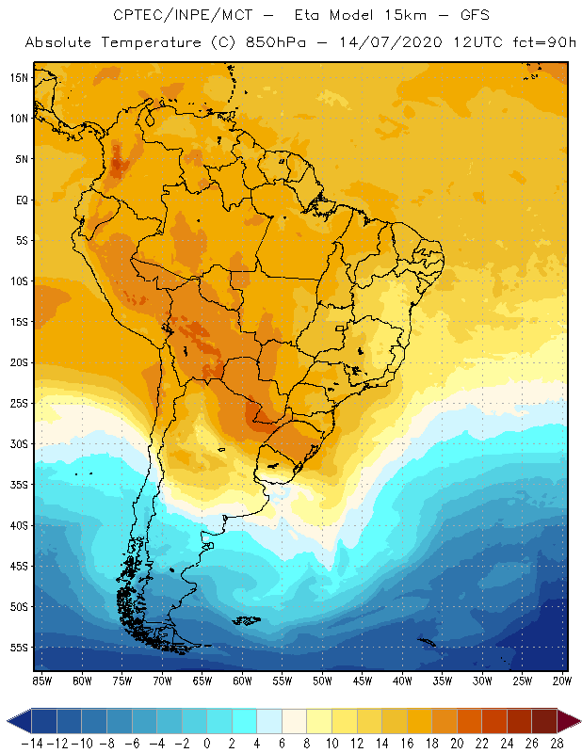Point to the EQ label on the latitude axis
pyautogui.click(x=20, y=200)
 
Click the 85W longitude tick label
pyautogui.click(x=41, y=681)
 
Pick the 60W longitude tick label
pyautogui.click(x=242, y=681)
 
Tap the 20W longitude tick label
pyautogui.click(x=562, y=681)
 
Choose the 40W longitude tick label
pyautogui.click(x=402, y=681)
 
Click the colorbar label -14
pyautogui.click(x=31, y=743)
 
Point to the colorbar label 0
pyautogui.click(x=207, y=743)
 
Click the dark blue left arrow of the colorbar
pyautogui.click(x=17, y=721)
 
